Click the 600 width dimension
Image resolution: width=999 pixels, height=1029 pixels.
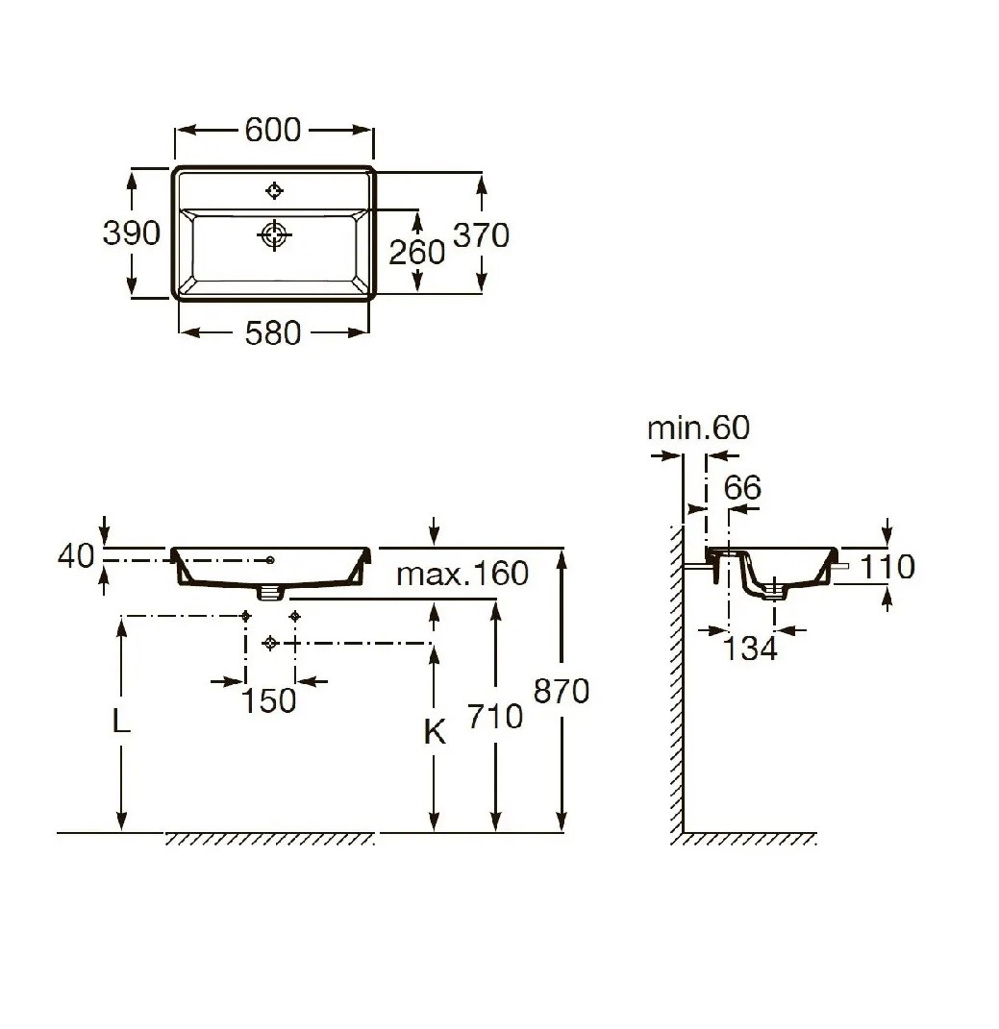(272, 130)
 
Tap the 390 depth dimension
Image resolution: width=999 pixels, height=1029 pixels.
(132, 233)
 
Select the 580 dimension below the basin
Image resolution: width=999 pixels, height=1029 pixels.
(272, 333)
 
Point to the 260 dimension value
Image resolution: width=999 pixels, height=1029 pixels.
(417, 253)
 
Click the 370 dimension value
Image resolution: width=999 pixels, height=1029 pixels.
(482, 235)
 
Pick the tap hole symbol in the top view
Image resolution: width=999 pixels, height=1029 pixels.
(274, 191)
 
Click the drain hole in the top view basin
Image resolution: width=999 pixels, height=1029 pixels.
(274, 234)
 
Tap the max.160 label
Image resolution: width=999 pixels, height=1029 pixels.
(462, 574)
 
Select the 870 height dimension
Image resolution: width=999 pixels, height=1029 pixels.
(561, 691)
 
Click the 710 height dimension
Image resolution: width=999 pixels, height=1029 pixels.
(495, 716)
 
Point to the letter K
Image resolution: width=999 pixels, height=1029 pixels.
(435, 732)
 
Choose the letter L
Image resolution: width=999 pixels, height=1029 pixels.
(121, 722)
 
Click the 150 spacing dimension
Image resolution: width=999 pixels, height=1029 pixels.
(269, 700)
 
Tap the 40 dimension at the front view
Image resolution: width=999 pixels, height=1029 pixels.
(76, 556)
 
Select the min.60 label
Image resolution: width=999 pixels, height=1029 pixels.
(698, 428)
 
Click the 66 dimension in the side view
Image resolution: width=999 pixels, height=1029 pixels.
(743, 487)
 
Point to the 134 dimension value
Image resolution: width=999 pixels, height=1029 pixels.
(750, 649)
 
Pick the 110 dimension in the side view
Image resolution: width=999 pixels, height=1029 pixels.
(887, 566)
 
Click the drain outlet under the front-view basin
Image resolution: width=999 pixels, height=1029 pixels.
(270, 592)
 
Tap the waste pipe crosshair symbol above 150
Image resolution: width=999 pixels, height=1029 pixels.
(270, 643)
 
